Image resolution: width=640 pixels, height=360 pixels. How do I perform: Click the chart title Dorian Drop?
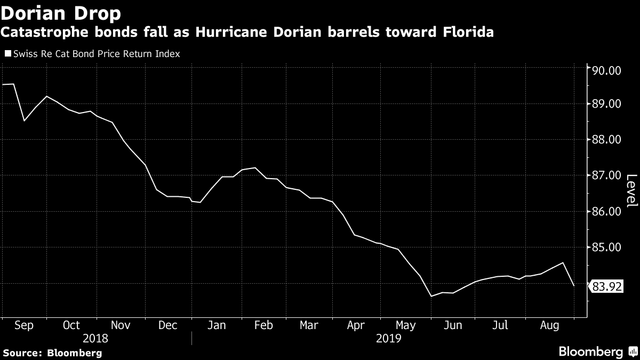click(61, 12)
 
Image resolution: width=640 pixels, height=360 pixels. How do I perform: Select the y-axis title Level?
click(630, 191)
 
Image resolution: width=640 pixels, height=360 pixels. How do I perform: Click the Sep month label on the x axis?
click(23, 325)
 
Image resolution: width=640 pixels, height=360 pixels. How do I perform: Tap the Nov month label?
click(121, 325)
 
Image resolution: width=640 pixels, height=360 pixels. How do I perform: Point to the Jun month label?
click(453, 325)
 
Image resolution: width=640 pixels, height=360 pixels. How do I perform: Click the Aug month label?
click(549, 325)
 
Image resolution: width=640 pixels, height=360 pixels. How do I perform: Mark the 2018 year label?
click(96, 338)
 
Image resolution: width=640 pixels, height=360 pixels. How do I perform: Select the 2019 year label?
click(389, 338)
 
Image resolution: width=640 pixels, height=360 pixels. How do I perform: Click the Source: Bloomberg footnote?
click(52, 353)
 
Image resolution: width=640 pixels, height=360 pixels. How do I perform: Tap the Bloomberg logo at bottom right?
click(597, 351)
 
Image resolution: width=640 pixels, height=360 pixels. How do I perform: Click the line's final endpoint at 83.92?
click(574, 286)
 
